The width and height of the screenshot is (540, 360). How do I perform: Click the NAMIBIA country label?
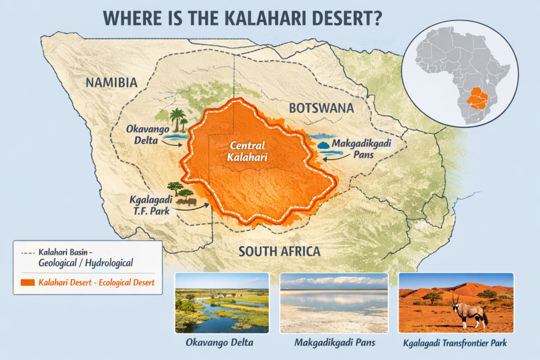111,83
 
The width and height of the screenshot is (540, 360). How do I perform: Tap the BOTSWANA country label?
321,108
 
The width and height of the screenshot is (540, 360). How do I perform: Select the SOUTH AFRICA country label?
279,251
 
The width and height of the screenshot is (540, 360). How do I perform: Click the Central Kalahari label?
245,151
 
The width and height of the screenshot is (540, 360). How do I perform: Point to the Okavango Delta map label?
143,135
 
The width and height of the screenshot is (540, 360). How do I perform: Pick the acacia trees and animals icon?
181,193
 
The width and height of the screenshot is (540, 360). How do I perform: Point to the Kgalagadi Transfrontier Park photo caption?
456,343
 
